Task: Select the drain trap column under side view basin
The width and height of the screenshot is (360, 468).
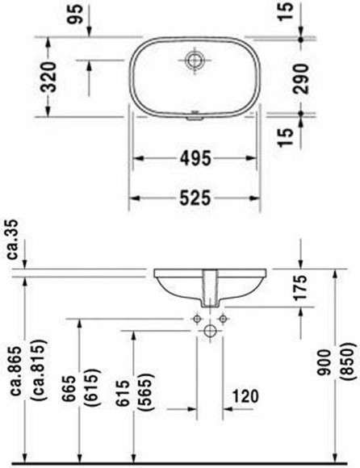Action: pyautogui.click(x=211, y=286)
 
